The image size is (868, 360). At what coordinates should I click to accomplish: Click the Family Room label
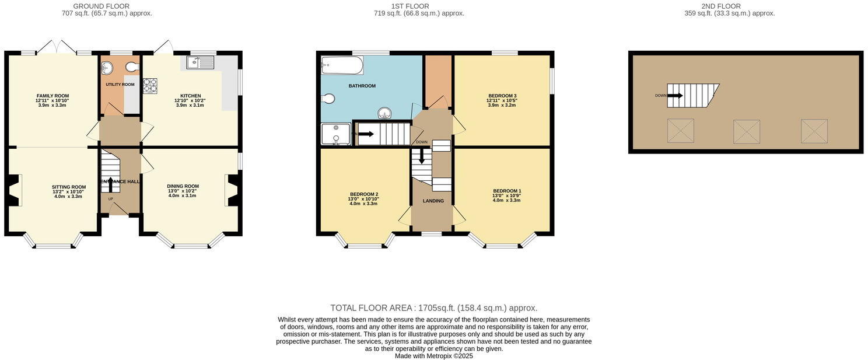(x=52, y=96)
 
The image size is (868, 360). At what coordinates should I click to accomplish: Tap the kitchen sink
(x=201, y=62)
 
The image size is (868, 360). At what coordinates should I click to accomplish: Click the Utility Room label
(x=120, y=85)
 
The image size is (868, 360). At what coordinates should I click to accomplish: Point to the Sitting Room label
(x=68, y=187)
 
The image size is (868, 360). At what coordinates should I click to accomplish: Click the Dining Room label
(x=183, y=186)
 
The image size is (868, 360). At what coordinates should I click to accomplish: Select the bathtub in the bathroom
(x=342, y=65)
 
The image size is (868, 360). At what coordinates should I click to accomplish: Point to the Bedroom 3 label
(x=502, y=96)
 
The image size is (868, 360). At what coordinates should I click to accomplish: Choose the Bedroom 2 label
(x=364, y=194)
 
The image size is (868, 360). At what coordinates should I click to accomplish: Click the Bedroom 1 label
(x=507, y=191)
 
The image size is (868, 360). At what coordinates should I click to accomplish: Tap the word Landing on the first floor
(x=433, y=201)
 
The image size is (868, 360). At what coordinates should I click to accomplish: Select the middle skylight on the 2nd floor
(x=747, y=131)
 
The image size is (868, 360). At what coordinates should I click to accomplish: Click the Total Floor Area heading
(x=433, y=308)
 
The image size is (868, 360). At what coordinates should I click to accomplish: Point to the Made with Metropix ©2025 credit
(x=433, y=356)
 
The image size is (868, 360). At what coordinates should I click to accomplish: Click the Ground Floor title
(x=101, y=6)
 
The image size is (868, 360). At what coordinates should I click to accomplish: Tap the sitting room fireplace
(x=14, y=190)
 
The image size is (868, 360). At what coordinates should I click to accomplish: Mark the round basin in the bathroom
(x=385, y=113)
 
